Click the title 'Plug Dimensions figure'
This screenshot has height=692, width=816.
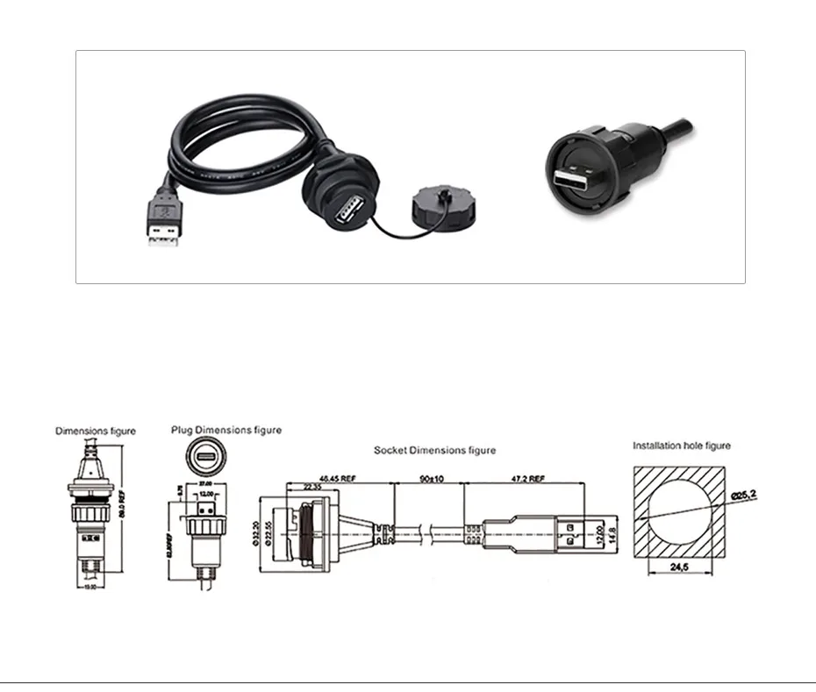(226, 430)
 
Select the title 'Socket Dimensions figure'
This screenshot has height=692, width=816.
(434, 450)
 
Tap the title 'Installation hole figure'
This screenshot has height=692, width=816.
(682, 446)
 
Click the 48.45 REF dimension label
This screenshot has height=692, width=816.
(338, 479)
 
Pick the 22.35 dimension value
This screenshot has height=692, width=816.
(311, 489)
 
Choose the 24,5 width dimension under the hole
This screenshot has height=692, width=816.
(679, 568)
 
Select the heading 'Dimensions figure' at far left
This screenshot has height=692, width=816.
(96, 431)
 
